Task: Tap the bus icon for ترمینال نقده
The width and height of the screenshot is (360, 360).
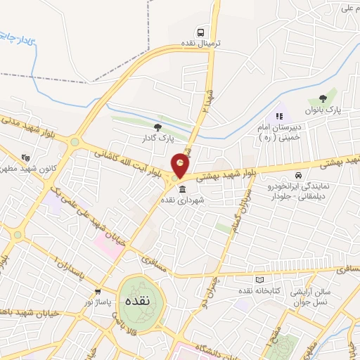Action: [202, 32]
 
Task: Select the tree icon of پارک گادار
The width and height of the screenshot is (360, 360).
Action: [157, 127]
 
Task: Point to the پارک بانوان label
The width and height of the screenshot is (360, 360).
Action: [323, 111]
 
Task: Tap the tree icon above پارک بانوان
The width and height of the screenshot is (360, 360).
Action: [323, 99]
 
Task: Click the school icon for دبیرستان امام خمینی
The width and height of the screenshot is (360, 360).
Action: [279, 116]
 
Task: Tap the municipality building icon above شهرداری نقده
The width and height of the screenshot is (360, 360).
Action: [183, 190]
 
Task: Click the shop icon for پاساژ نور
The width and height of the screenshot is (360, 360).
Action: [98, 291]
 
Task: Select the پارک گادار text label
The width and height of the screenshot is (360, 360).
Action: [157, 139]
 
